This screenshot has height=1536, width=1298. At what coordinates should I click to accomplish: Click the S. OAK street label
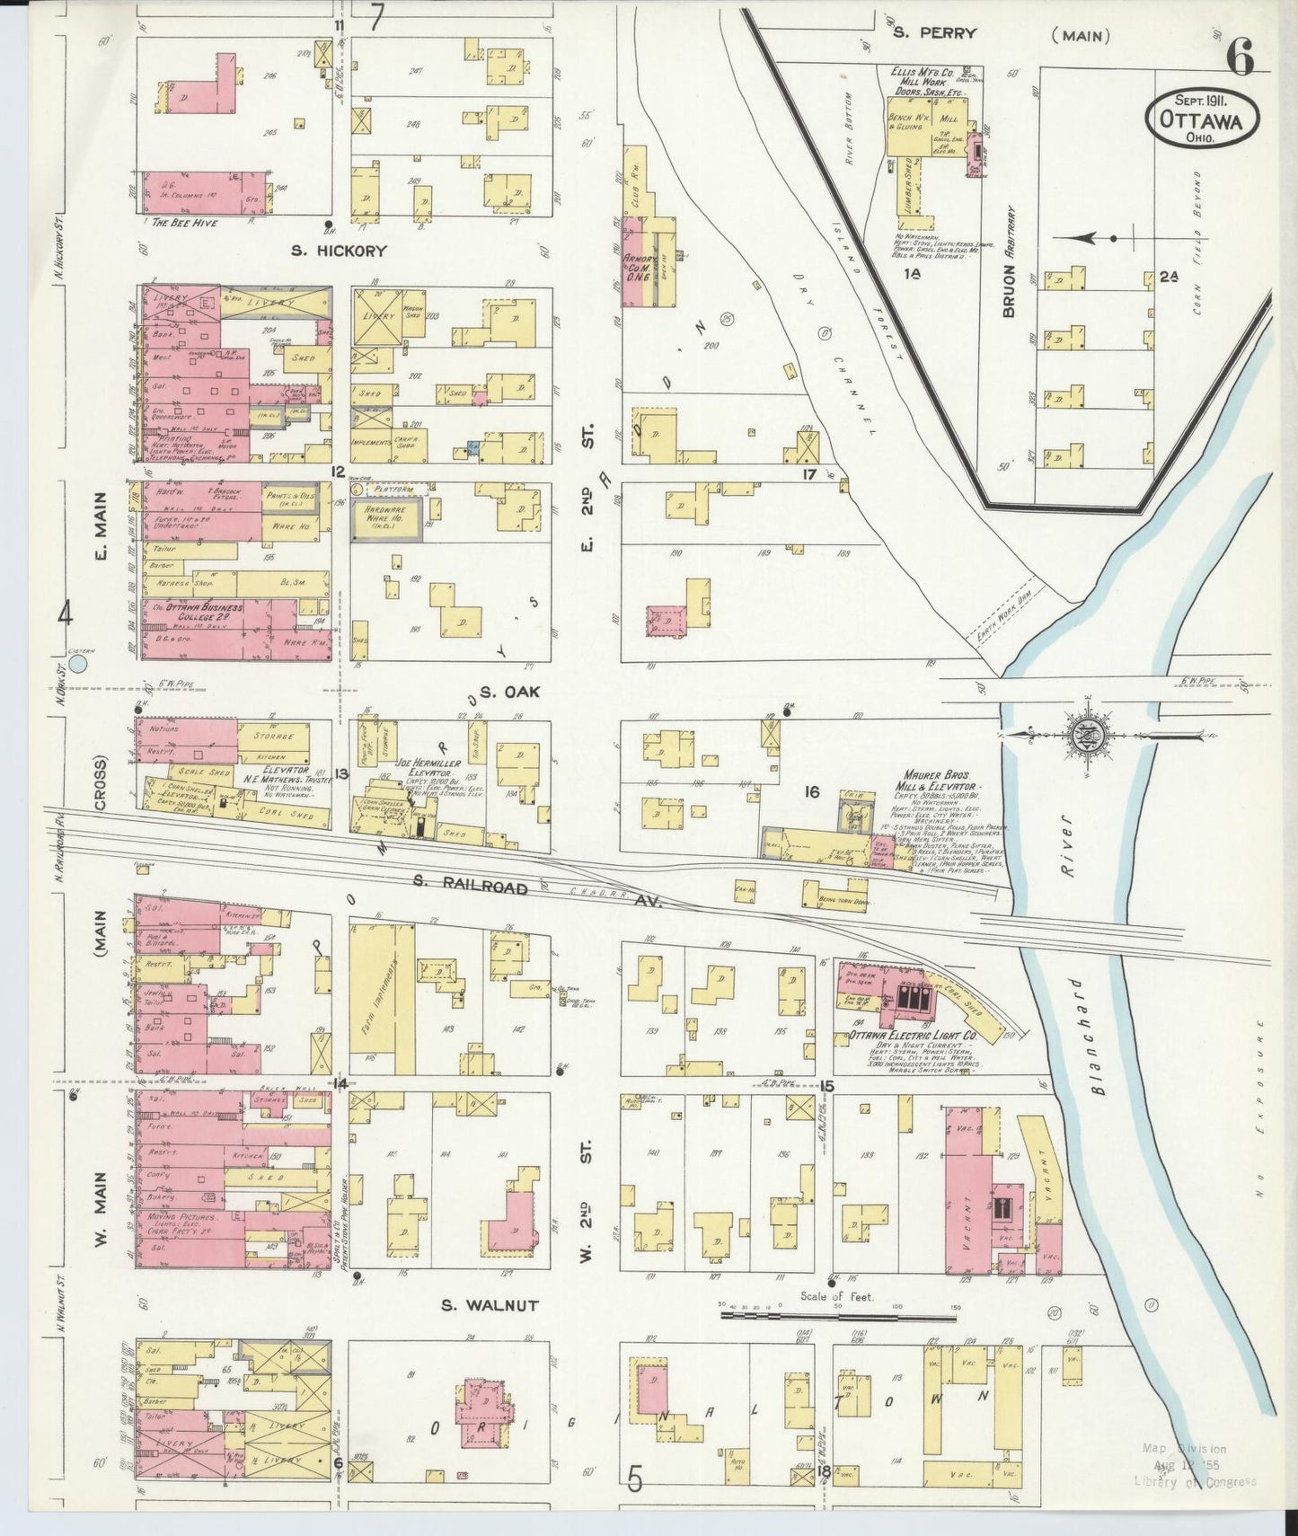point(501,693)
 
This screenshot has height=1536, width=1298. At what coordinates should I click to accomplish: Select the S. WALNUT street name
point(492,1305)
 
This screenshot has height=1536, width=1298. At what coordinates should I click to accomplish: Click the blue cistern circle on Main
point(78,664)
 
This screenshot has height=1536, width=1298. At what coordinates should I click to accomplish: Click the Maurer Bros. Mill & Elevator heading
point(953,778)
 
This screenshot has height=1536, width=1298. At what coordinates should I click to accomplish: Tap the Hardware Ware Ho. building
point(386,519)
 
